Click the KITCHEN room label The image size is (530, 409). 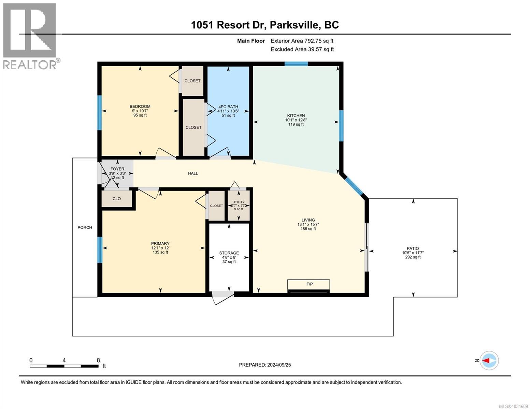tap(296, 116)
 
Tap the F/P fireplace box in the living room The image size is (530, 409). tap(309, 284)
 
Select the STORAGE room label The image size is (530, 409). tap(229, 253)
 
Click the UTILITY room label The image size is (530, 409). tap(238, 202)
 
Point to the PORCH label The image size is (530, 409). tap(85, 227)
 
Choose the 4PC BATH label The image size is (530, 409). tap(228, 107)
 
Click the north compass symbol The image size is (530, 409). tap(489, 360)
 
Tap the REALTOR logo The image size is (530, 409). tap(30, 36)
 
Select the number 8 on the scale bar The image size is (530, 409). tap(98, 360)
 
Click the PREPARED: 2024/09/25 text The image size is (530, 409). tap(265, 365)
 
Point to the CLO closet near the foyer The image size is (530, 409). tap(117, 199)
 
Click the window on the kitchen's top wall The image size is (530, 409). tap(296, 64)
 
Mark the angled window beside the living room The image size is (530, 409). tap(353, 186)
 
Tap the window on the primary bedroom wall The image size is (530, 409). tap(100, 250)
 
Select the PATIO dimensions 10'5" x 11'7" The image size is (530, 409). tap(413, 253)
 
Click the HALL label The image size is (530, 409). tap(193, 173)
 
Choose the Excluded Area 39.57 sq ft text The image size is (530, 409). tap(302, 49)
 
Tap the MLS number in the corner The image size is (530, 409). tap(513, 406)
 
